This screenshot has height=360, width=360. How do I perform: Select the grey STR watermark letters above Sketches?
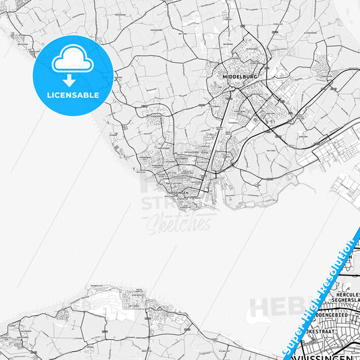coord(156,203)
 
